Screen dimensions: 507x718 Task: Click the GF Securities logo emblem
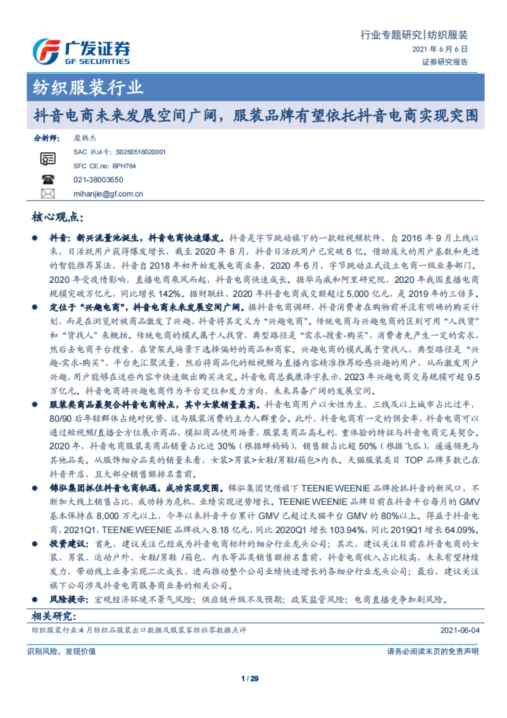pyautogui.click(x=46, y=52)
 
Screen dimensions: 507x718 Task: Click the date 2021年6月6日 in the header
pyautogui.click(x=440, y=49)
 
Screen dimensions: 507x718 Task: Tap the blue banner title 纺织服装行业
pyautogui.click(x=88, y=88)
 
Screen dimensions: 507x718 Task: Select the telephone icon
pyautogui.click(x=48, y=179)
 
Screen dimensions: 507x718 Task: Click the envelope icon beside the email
pyautogui.click(x=48, y=194)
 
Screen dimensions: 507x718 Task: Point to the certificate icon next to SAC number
pyautogui.click(x=48, y=159)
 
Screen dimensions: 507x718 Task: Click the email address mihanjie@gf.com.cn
pyautogui.click(x=108, y=194)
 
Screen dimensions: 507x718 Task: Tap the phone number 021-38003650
pyautogui.click(x=98, y=180)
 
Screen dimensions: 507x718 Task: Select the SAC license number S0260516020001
pyautogui.click(x=141, y=152)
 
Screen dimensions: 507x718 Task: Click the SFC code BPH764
pyautogui.click(x=124, y=166)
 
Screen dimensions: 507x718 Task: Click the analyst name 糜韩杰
pyautogui.click(x=85, y=138)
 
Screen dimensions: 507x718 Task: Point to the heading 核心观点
pyautogui.click(x=57, y=217)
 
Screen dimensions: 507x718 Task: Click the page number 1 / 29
pyautogui.click(x=250, y=679)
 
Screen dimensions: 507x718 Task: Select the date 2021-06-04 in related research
pyautogui.click(x=460, y=630)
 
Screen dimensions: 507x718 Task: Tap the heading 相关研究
pyautogui.click(x=54, y=616)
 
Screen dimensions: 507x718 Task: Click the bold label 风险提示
pyautogui.click(x=69, y=599)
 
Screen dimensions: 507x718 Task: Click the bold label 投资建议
pyautogui.click(x=69, y=544)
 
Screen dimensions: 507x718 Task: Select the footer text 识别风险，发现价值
pyautogui.click(x=62, y=651)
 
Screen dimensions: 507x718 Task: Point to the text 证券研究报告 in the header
pyautogui.click(x=445, y=62)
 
